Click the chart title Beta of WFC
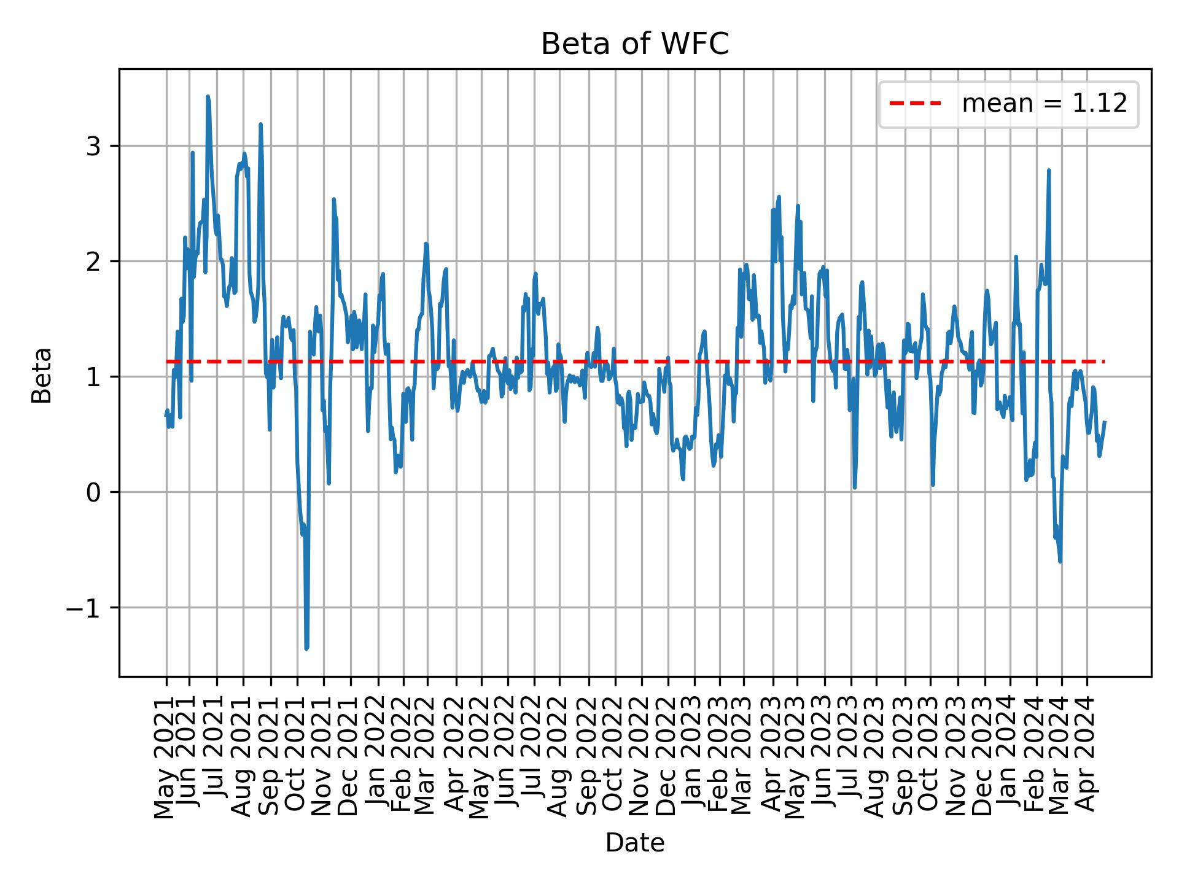[x=634, y=44]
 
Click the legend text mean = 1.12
[x=1044, y=104]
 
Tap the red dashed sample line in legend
[x=915, y=104]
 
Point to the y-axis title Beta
[x=42, y=375]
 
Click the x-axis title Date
[x=634, y=843]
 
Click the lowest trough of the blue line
[x=306, y=648]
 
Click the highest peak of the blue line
[x=208, y=96]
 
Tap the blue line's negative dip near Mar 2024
[x=1060, y=561]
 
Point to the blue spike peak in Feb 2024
[x=1049, y=171]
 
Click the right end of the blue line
[x=1105, y=422]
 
